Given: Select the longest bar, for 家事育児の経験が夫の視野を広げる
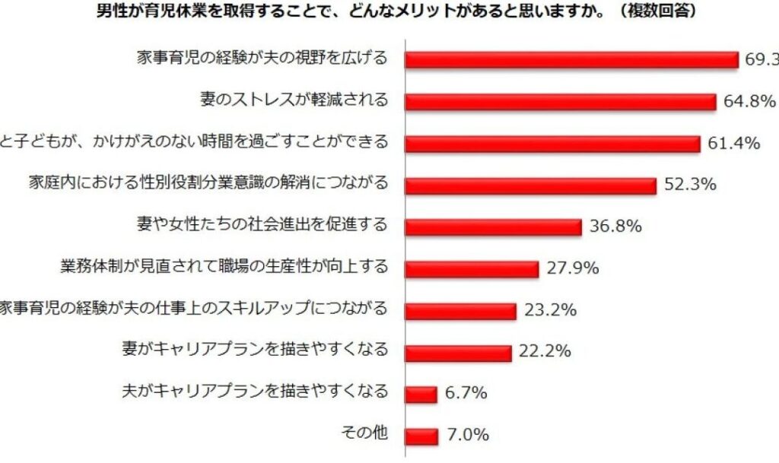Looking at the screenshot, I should (x=571, y=59).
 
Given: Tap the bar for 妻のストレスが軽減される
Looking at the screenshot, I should (x=560, y=102).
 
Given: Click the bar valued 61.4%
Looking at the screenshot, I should (x=552, y=144).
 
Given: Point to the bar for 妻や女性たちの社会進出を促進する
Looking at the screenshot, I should (x=493, y=227).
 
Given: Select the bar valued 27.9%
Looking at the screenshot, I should (x=472, y=269).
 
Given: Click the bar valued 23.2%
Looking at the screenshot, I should (x=460, y=311).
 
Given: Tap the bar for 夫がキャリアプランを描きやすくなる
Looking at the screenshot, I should (x=421, y=395).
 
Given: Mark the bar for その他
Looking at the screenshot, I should (x=421, y=436).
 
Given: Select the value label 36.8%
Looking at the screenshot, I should (x=615, y=227).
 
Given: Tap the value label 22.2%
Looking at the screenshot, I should (x=545, y=352).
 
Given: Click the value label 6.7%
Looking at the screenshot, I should (x=466, y=394).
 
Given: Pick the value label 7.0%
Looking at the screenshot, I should (x=467, y=436).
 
